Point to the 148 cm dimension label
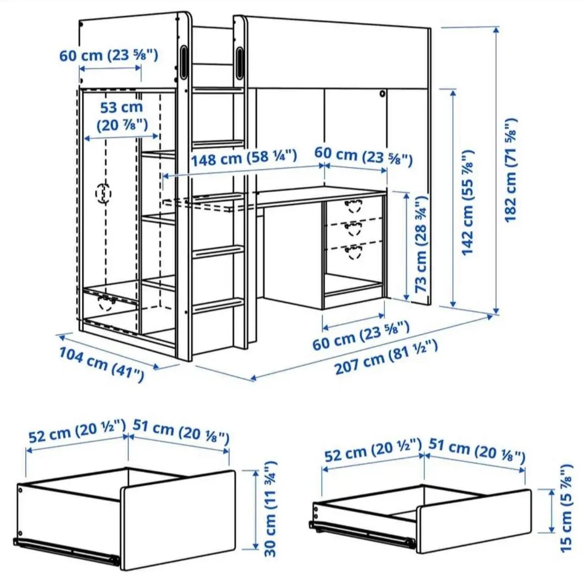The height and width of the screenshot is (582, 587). coord(243,158)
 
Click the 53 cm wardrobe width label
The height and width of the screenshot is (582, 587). coord(121,116)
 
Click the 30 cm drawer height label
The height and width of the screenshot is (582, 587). coord(271,509)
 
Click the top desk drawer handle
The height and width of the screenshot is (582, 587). coord(354,205)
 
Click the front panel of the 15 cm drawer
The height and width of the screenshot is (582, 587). coord(473,520)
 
